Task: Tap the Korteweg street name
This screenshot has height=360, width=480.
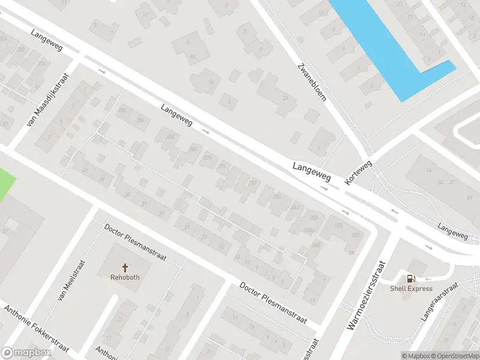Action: [x=359, y=172]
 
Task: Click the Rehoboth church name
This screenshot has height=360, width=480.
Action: [x=125, y=277]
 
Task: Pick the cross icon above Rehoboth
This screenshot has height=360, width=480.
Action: [x=125, y=267]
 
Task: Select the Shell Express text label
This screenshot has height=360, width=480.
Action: [x=411, y=289]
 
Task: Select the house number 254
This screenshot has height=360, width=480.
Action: [x=339, y=226]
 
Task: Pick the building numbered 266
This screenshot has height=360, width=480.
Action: [x=277, y=196]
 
